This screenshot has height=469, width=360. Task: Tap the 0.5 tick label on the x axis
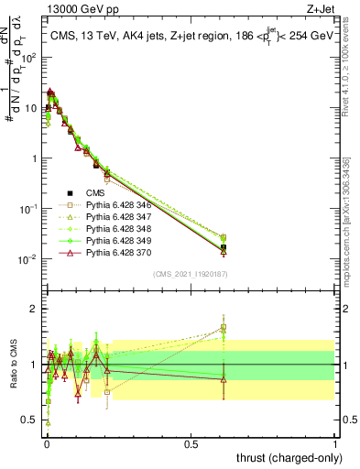(191, 444)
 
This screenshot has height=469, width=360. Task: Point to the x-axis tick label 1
(335, 444)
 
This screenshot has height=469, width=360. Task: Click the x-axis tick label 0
(46, 444)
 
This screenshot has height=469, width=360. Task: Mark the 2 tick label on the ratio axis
(34, 309)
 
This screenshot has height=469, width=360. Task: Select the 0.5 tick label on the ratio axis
(30, 420)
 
